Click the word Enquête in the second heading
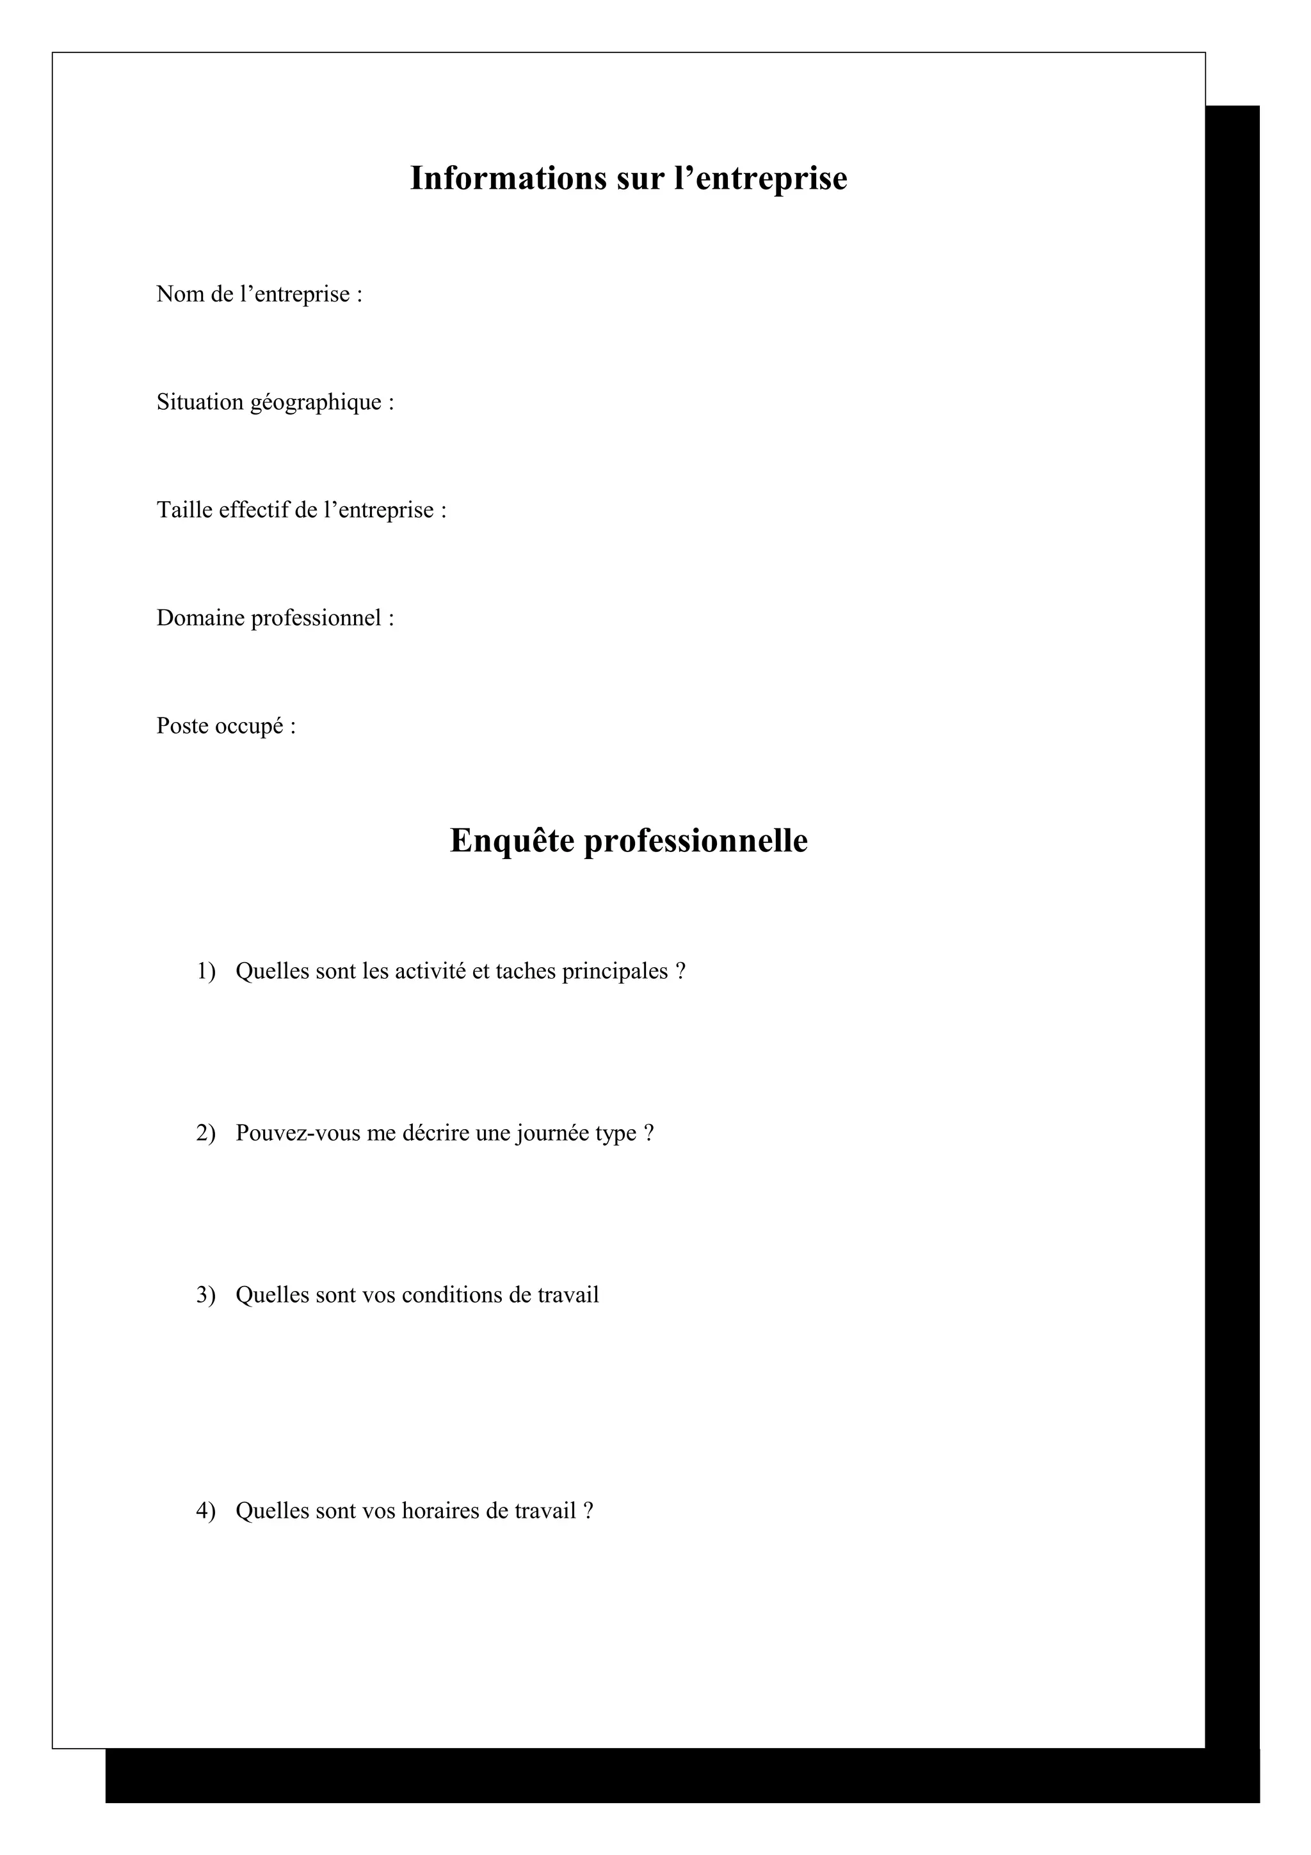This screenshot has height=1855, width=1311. (511, 841)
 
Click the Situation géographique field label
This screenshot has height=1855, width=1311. (275, 403)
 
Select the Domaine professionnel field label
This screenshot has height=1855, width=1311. (275, 618)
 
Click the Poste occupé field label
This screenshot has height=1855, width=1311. (225, 727)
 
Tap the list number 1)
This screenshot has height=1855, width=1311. (206, 971)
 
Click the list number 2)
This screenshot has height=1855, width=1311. (206, 1133)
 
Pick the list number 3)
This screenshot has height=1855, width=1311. (206, 1295)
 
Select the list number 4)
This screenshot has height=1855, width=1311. (206, 1511)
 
